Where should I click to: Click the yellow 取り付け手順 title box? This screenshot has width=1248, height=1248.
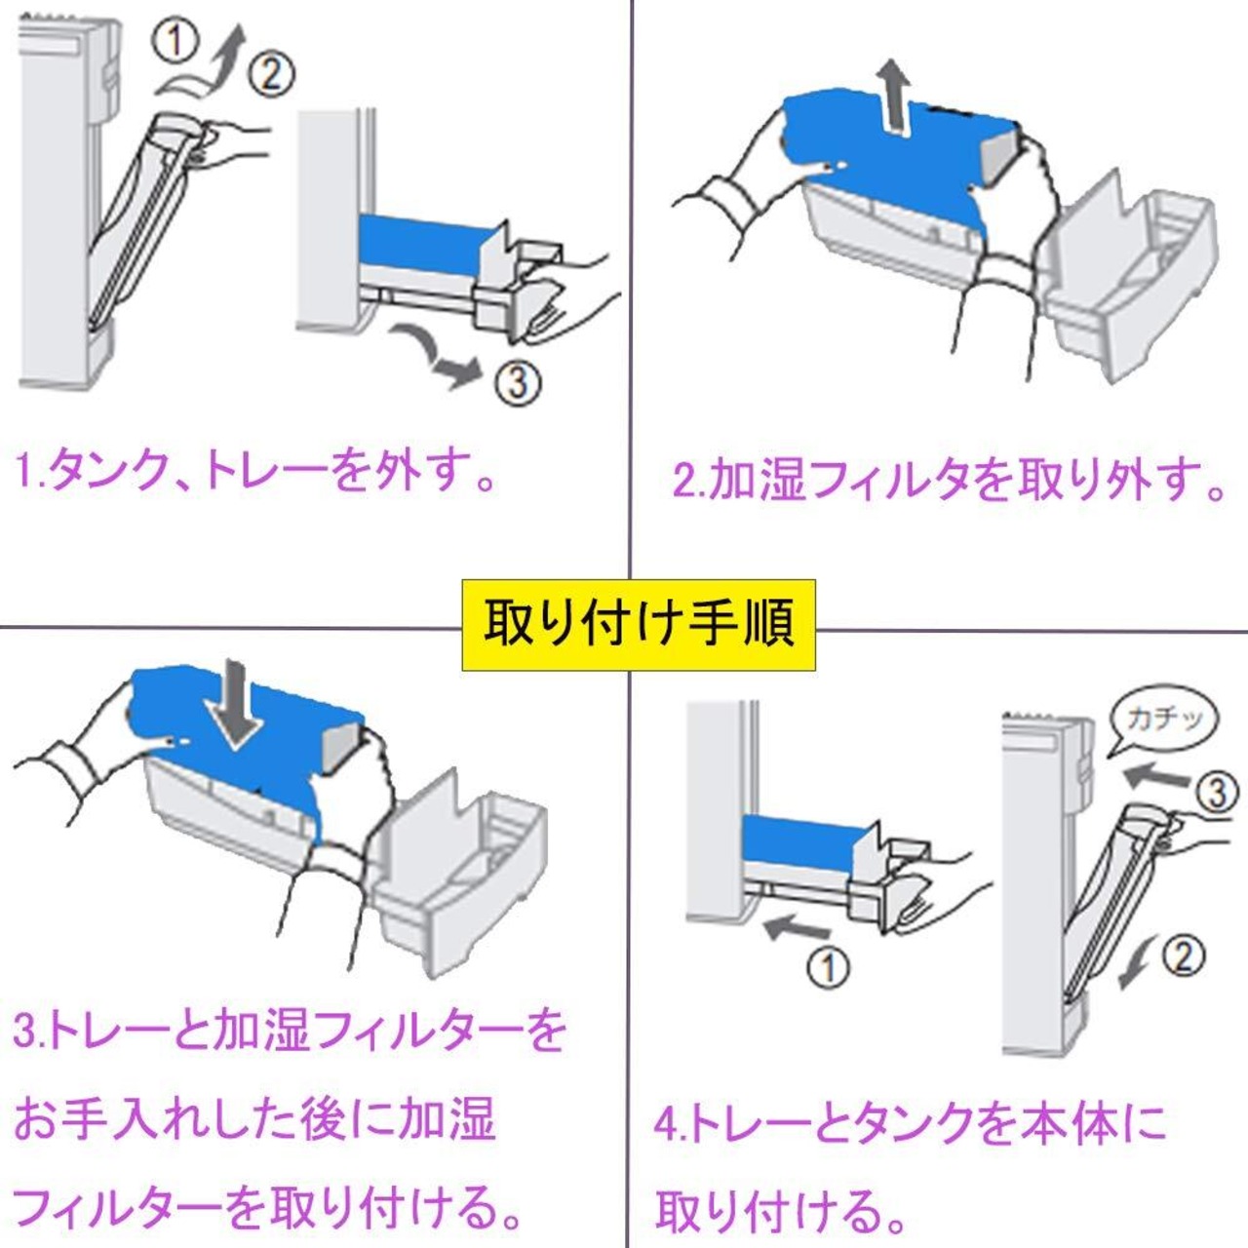coord(639,625)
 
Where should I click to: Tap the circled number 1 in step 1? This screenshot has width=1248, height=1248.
coord(176,42)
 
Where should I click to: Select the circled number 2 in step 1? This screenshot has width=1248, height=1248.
coord(271,74)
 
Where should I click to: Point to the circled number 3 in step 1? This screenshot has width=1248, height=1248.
coord(516,382)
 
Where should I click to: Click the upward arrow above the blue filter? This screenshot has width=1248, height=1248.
coord(893,95)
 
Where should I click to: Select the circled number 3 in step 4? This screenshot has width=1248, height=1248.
coord(1216,792)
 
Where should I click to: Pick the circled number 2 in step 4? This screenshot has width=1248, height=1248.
coord(1183,956)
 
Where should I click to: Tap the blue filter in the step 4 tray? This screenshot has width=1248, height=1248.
coord(799,839)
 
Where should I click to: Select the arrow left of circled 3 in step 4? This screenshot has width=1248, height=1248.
coord(1156,776)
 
